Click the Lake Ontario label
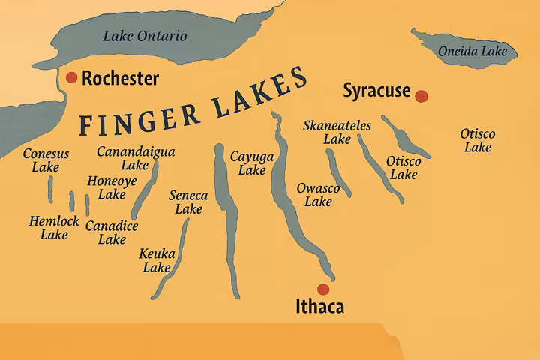145,35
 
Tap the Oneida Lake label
472,52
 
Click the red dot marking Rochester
72,77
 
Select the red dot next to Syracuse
421,95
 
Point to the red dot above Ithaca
323,289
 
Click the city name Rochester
120,78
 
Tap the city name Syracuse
376,91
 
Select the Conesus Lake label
46,160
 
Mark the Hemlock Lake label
54,228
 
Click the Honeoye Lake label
112,187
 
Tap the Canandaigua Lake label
136,158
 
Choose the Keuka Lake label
157,260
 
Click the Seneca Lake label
188,202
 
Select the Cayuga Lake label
252,163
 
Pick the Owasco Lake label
318,194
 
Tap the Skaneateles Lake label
337,132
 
